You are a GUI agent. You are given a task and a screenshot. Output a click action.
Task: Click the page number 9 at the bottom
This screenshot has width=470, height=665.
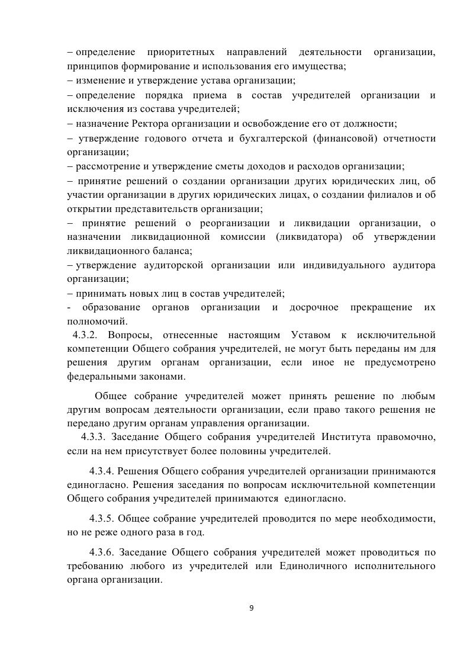252,608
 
